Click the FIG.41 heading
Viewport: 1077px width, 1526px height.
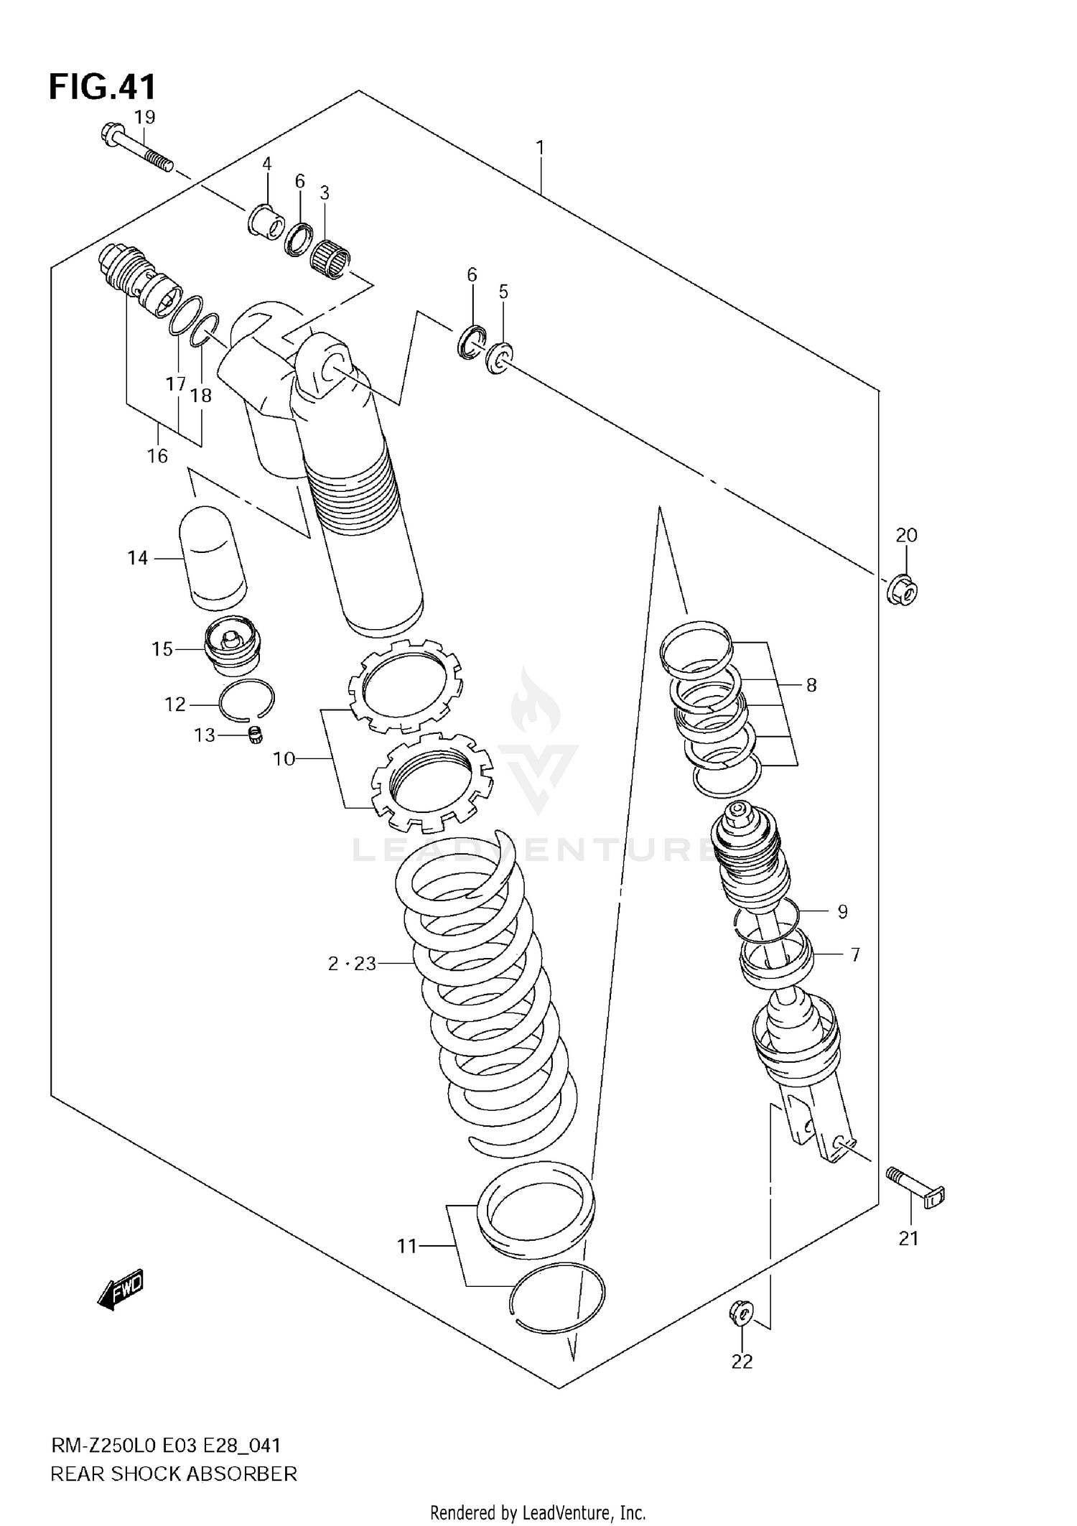coord(102,87)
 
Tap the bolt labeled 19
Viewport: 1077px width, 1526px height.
coord(136,148)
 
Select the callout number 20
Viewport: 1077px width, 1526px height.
coord(906,535)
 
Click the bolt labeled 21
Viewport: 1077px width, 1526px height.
coord(916,1195)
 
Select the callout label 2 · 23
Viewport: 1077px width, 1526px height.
coord(352,964)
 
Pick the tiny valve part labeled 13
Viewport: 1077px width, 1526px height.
coord(253,735)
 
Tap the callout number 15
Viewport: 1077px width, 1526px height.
coord(162,649)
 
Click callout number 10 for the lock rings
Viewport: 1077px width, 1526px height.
coord(284,758)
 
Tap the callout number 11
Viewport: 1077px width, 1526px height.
coord(407,1246)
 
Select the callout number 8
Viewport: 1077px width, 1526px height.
coord(811,685)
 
